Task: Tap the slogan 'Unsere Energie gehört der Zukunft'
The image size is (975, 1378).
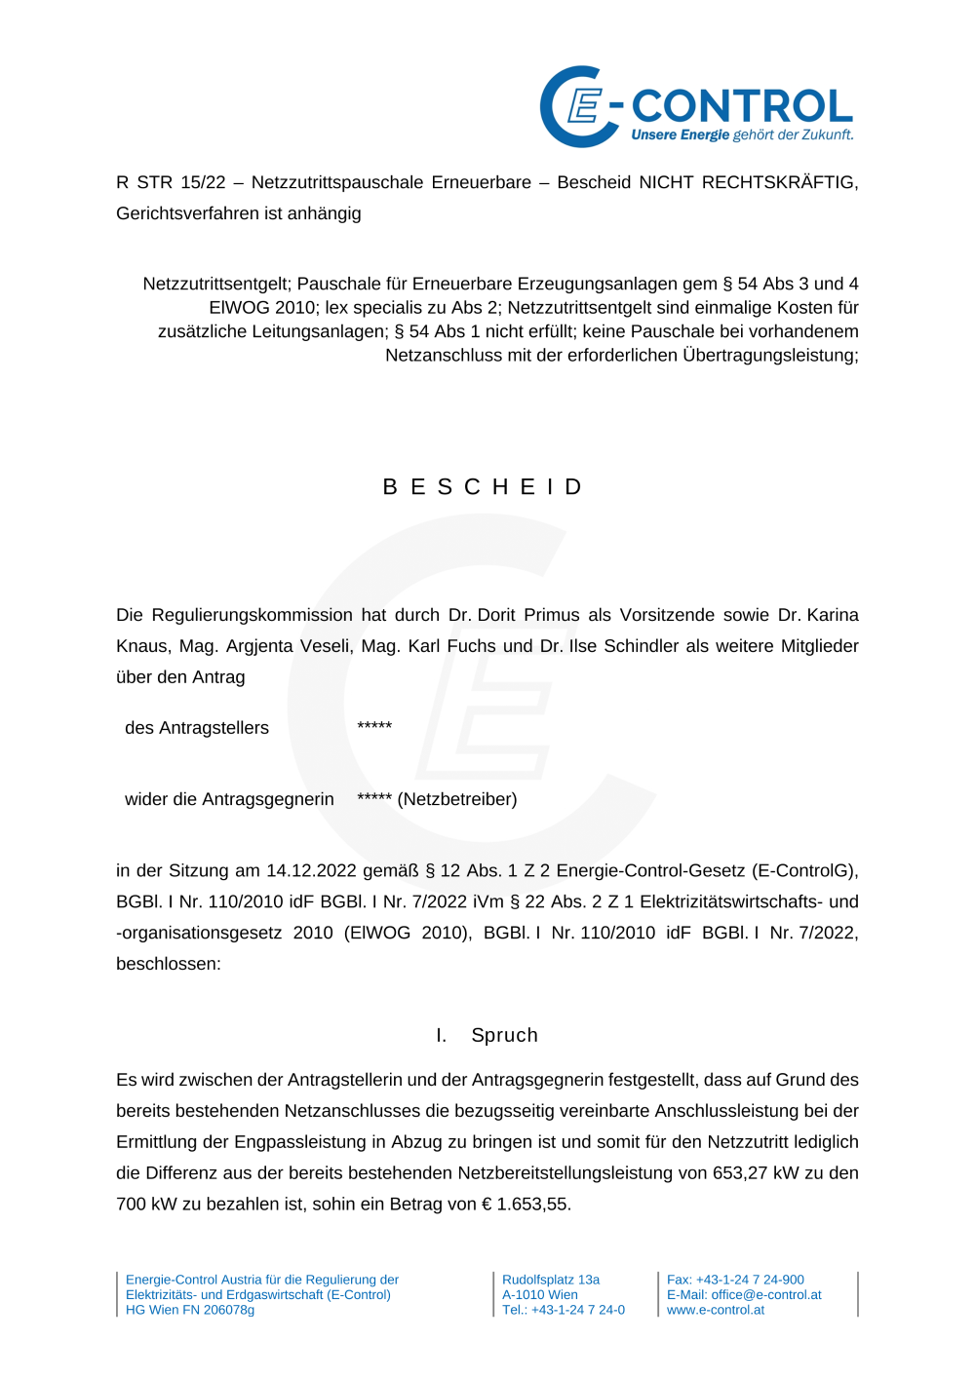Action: pyautogui.click(x=742, y=134)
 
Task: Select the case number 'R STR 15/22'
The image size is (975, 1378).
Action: pyautogui.click(x=171, y=182)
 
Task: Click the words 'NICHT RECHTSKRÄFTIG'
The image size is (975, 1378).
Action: pyautogui.click(x=748, y=182)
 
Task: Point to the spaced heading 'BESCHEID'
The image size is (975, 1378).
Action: pyautogui.click(x=485, y=486)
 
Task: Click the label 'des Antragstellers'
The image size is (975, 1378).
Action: pyautogui.click(x=197, y=728)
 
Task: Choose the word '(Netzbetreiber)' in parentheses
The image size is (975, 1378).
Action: pyautogui.click(x=457, y=799)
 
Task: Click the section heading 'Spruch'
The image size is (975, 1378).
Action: pyautogui.click(x=504, y=1035)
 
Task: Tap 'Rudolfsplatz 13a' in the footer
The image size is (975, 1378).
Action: pyautogui.click(x=551, y=1280)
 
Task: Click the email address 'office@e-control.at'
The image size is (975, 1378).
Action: pyautogui.click(x=766, y=1295)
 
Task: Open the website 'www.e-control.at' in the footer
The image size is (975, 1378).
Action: pyautogui.click(x=716, y=1310)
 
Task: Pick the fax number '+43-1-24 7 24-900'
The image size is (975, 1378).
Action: pyautogui.click(x=750, y=1280)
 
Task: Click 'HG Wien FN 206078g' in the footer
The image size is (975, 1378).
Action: pyautogui.click(x=190, y=1310)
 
